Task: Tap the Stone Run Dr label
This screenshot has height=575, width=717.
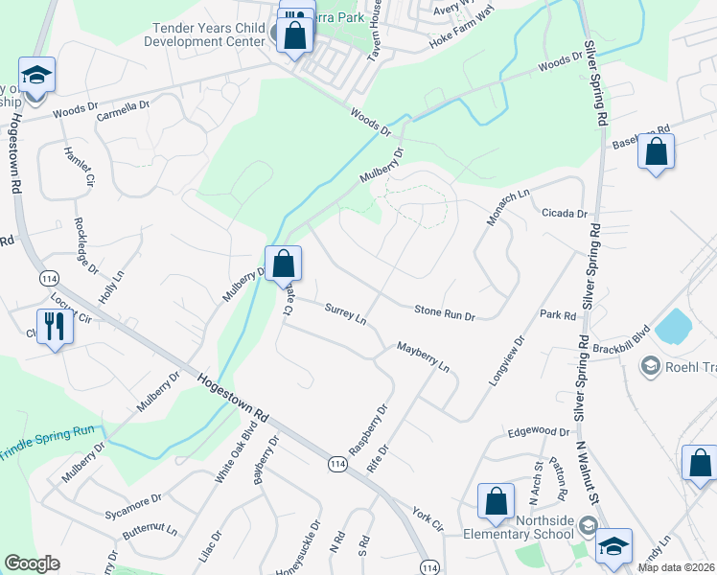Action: pyautogui.click(x=444, y=311)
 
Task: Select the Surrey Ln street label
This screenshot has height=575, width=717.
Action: pyautogui.click(x=345, y=313)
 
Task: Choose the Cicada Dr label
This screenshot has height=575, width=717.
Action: pyautogui.click(x=564, y=213)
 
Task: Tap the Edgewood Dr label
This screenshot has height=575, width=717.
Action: pyautogui.click(x=540, y=432)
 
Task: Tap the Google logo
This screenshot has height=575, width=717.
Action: pyautogui.click(x=33, y=563)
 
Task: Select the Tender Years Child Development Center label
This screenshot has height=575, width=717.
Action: pyautogui.click(x=204, y=35)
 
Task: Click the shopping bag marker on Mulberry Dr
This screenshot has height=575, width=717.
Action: pyautogui.click(x=284, y=264)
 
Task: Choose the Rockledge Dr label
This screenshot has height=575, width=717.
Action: pyautogui.click(x=87, y=246)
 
